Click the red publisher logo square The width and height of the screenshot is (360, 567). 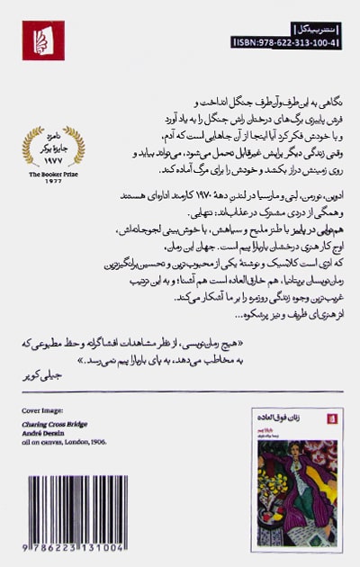click(x=43, y=40)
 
